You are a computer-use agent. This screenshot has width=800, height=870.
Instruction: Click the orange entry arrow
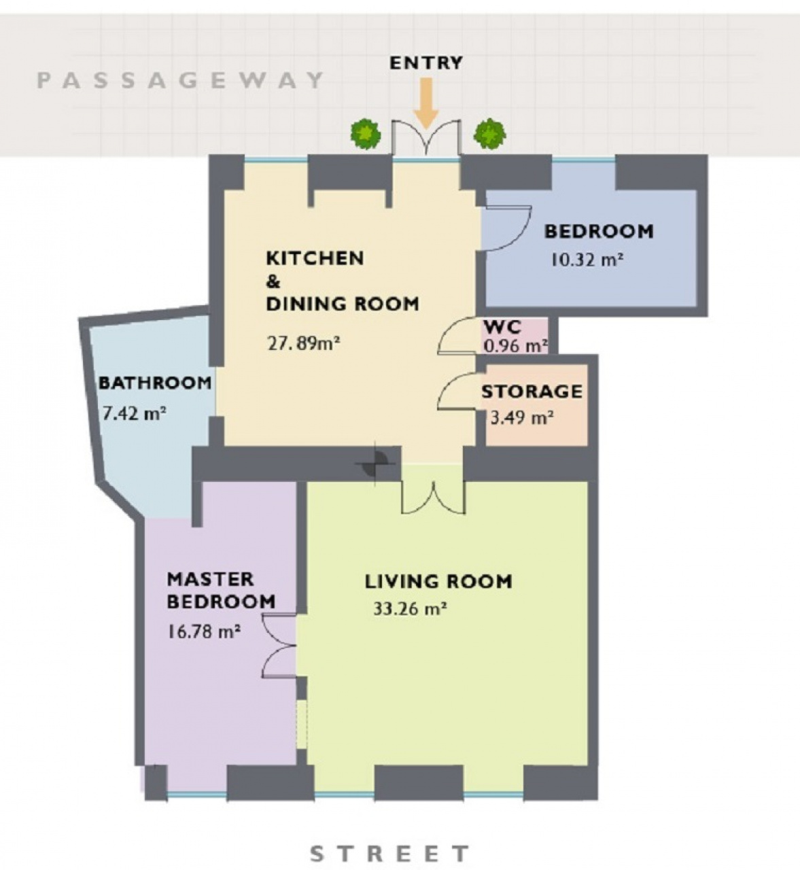click(426, 103)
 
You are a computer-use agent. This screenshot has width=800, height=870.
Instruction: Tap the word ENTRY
click(426, 63)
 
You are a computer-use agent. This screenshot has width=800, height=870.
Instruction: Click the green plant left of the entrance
click(366, 135)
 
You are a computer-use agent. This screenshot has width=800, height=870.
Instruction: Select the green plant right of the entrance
click(490, 133)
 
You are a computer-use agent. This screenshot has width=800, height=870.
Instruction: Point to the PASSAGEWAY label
click(181, 80)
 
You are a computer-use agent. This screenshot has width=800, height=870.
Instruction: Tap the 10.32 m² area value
click(587, 260)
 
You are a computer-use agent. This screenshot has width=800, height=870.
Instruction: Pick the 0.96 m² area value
click(515, 346)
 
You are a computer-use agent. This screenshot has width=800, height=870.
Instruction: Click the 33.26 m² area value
click(410, 608)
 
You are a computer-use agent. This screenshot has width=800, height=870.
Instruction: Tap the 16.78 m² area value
click(204, 631)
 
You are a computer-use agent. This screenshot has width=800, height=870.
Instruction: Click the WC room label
click(502, 326)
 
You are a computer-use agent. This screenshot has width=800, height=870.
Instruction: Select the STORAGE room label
click(532, 391)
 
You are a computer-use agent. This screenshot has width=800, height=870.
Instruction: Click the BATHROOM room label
click(156, 383)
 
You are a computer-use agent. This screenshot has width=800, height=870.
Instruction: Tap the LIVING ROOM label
click(438, 582)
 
